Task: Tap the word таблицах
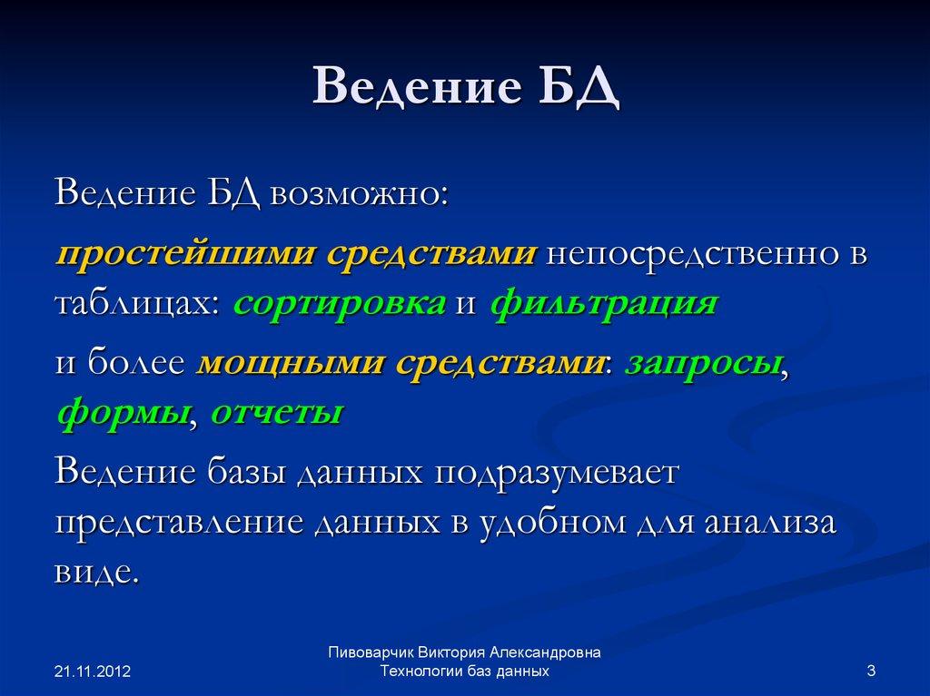pyautogui.click(x=136, y=303)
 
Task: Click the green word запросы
pyautogui.click(x=702, y=363)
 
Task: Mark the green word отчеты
pyautogui.click(x=276, y=413)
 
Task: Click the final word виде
pyautogui.click(x=96, y=573)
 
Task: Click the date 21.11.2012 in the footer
pyautogui.click(x=93, y=671)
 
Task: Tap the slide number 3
pyautogui.click(x=871, y=671)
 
